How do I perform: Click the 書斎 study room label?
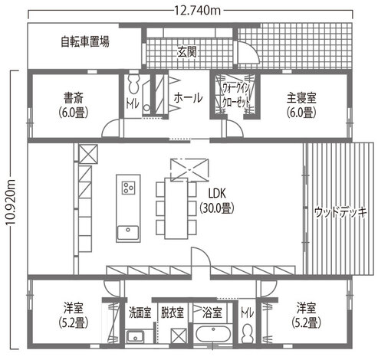coord(74,98)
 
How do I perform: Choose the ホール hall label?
coord(188,98)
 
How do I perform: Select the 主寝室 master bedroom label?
coord(301,98)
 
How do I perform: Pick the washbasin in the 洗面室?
coord(137,336)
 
